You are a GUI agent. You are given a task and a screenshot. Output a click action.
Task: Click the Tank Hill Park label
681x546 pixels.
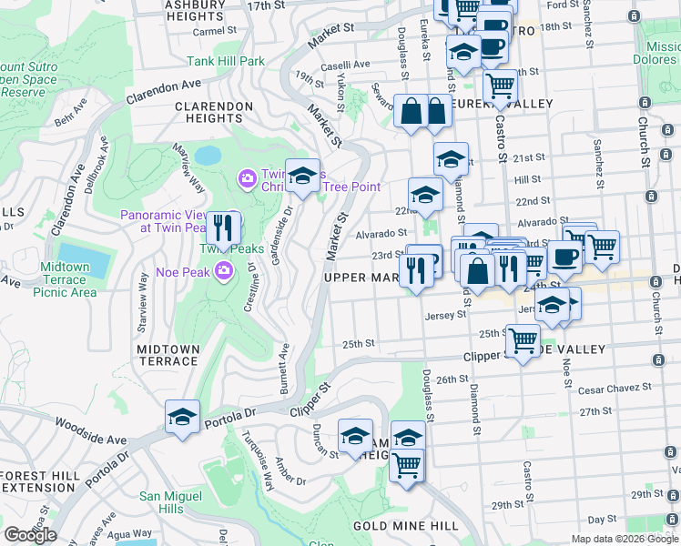226,62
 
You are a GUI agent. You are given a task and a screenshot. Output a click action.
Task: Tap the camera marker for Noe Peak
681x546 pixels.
224,270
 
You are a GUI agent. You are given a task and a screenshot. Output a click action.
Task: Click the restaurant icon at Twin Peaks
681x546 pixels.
223,228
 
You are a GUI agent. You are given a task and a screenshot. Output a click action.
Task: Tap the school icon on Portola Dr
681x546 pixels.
182,418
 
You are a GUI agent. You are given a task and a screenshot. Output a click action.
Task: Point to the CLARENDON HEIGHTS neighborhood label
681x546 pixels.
215,112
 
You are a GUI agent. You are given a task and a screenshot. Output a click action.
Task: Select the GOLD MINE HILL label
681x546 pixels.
405,526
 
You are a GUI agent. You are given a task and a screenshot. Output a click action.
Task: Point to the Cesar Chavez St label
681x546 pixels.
615,389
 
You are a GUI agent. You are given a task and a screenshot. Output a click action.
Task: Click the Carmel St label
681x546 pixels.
215,31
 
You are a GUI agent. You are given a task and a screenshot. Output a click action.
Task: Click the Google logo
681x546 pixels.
30,535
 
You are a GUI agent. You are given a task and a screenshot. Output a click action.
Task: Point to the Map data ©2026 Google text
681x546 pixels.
624,539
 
